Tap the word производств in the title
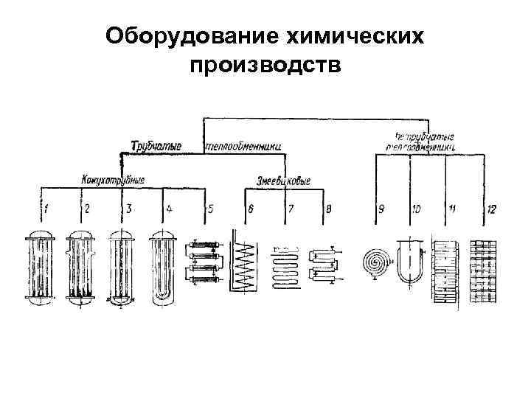click(265, 66)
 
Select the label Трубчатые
click(156, 146)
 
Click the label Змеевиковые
click(284, 180)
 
